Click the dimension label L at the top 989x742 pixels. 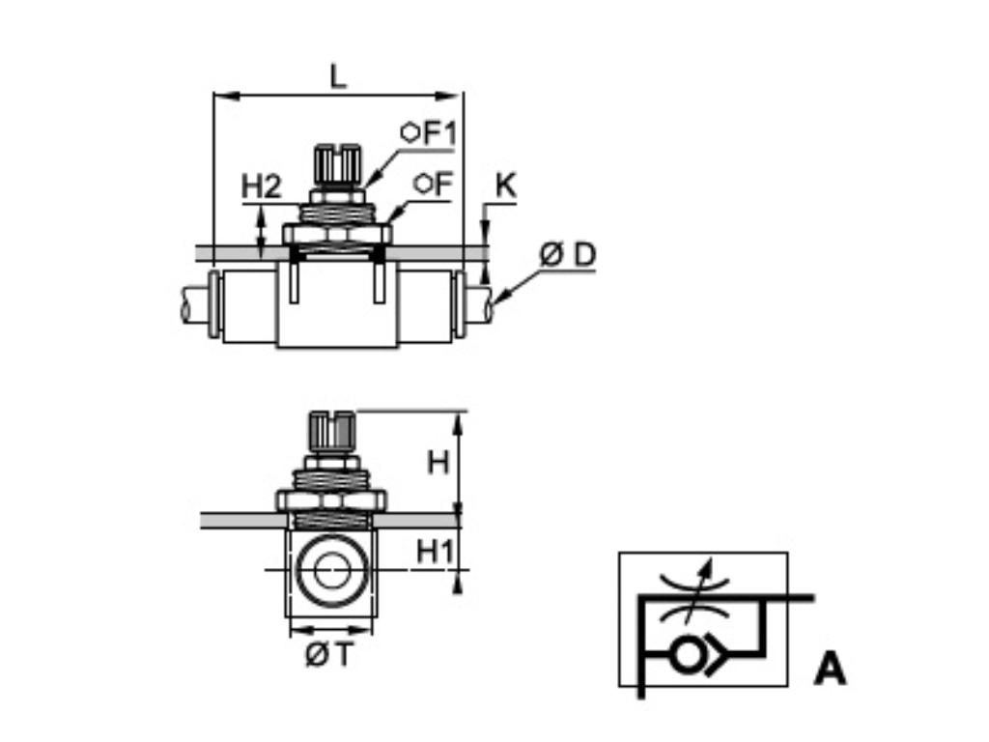coord(337,76)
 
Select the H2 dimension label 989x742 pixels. coord(260,186)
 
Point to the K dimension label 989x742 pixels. coord(505,185)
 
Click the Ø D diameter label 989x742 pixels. coord(568,255)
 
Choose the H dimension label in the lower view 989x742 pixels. coord(438,463)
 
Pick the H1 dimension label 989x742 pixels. coord(435,552)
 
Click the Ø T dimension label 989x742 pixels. coord(328,656)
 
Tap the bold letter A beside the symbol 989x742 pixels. coord(829,669)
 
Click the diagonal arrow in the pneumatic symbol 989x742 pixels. coord(704,589)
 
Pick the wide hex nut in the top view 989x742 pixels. coord(337,234)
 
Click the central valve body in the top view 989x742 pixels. coord(337,309)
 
